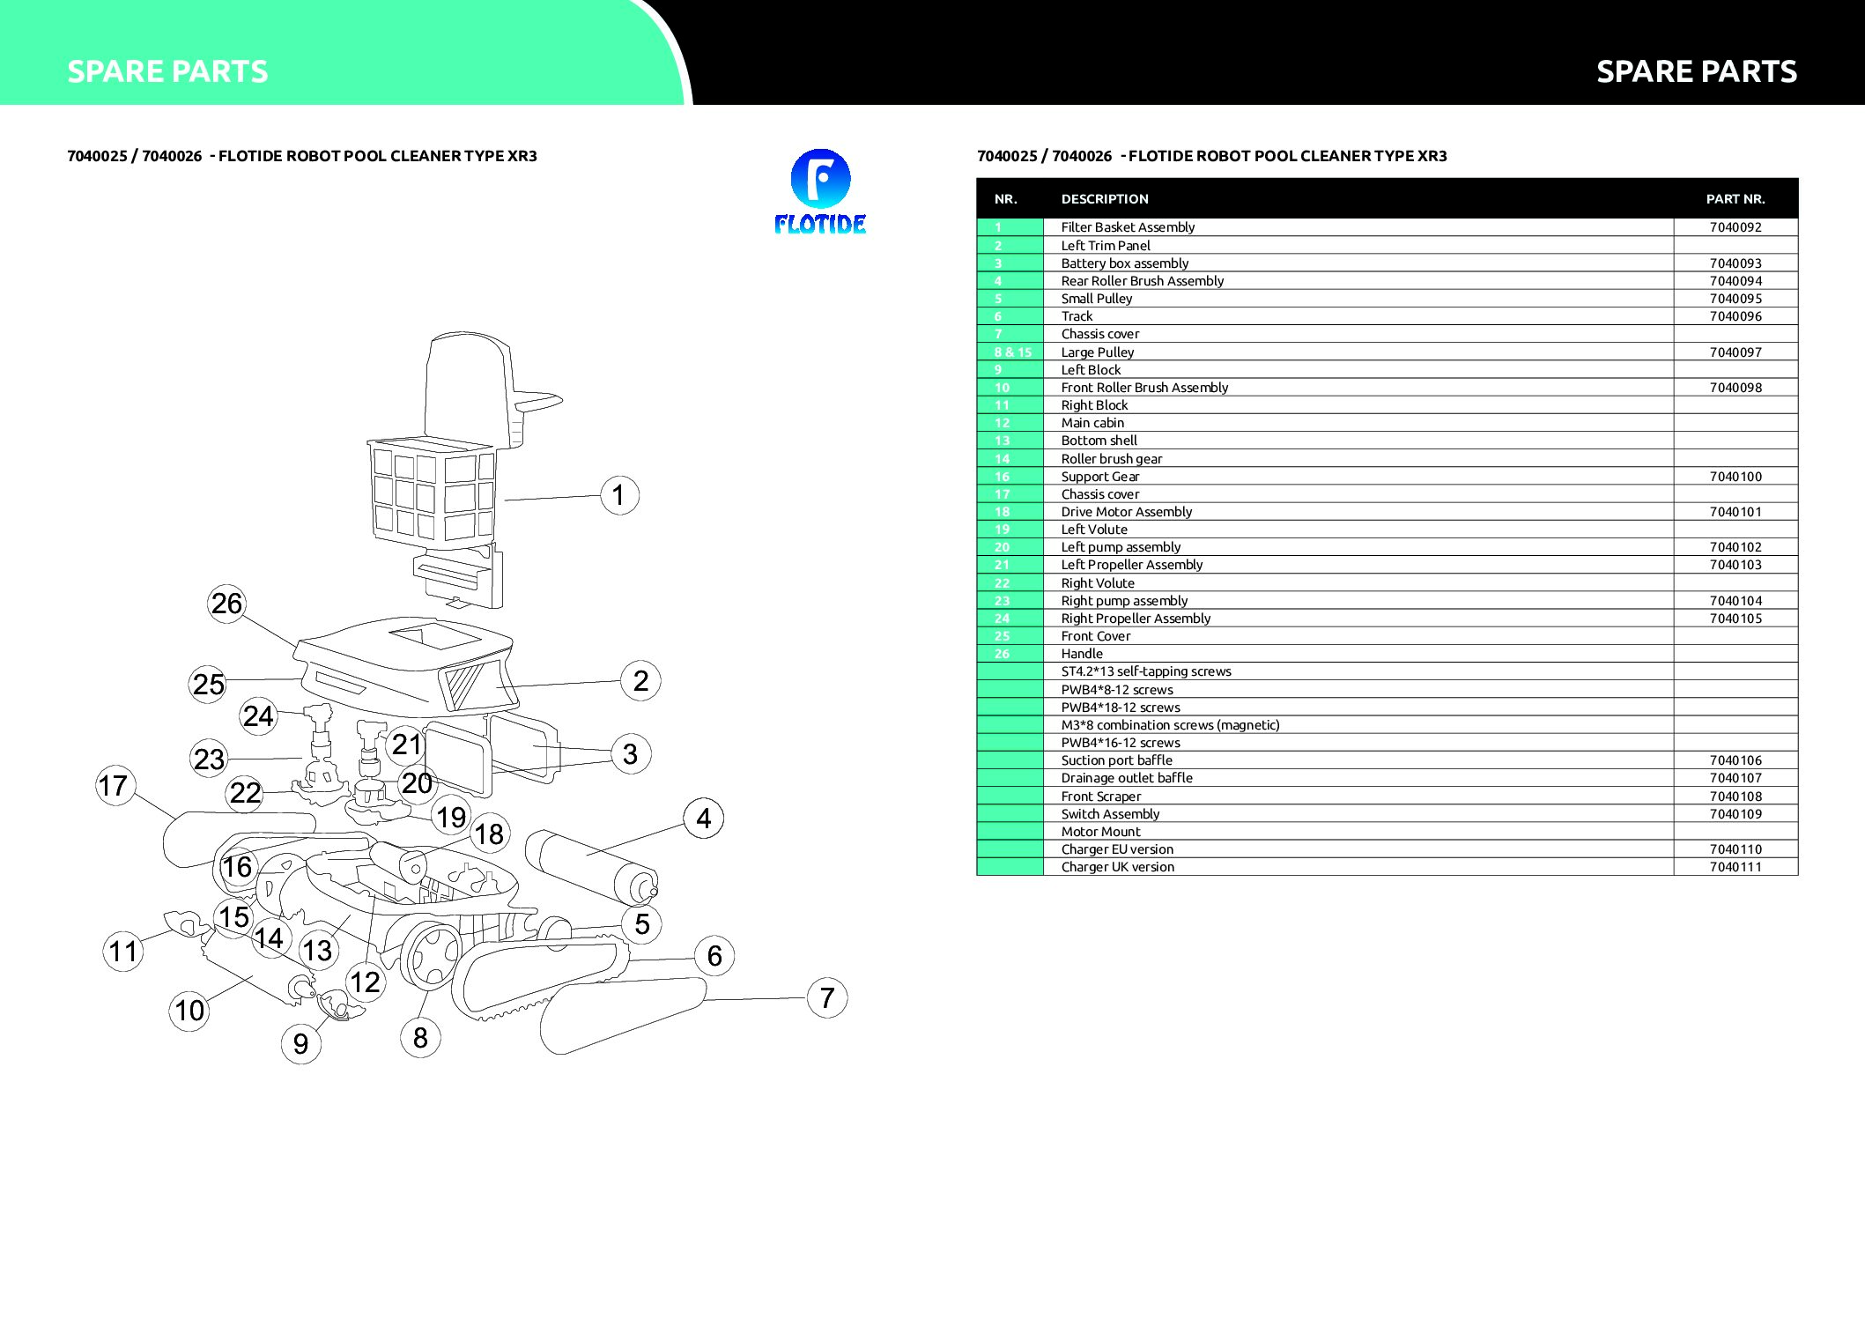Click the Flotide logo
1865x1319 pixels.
coord(820,191)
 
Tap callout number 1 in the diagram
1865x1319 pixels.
coord(619,495)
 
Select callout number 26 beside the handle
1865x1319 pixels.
coord(226,604)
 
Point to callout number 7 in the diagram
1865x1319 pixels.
coord(826,997)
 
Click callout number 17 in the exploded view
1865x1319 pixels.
coord(115,786)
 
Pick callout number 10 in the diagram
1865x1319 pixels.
coord(189,1011)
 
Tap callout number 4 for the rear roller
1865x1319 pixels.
coord(703,819)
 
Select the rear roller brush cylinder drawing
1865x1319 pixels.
coord(591,867)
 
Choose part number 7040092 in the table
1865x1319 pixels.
coord(1735,227)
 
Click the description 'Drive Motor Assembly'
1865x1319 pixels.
coord(1126,512)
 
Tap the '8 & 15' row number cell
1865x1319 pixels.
coord(1012,352)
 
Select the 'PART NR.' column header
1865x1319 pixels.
coord(1735,199)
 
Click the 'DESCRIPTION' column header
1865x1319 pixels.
coord(1105,199)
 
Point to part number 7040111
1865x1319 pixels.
coord(1735,867)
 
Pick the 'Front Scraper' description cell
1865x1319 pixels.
coord(1100,797)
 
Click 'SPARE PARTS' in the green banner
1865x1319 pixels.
coord(167,71)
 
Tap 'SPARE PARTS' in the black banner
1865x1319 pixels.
coord(1697,71)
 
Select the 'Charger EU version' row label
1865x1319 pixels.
coord(1117,849)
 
